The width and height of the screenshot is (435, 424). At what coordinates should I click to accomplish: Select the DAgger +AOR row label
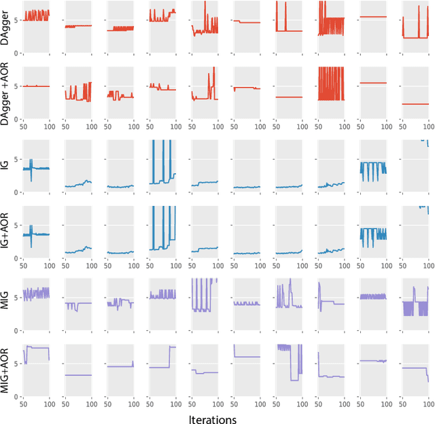(5, 96)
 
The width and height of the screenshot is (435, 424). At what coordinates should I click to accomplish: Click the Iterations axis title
(212, 419)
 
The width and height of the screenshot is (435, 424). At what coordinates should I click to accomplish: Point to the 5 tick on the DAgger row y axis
(18, 20)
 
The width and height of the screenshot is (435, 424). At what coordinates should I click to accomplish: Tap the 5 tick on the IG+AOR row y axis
(18, 225)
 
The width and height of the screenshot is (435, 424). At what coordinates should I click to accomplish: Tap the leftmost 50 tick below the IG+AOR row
(24, 266)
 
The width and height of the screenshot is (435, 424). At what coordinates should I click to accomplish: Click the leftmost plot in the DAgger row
(37, 27)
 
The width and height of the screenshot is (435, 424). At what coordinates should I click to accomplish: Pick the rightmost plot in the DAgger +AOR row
(415, 96)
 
